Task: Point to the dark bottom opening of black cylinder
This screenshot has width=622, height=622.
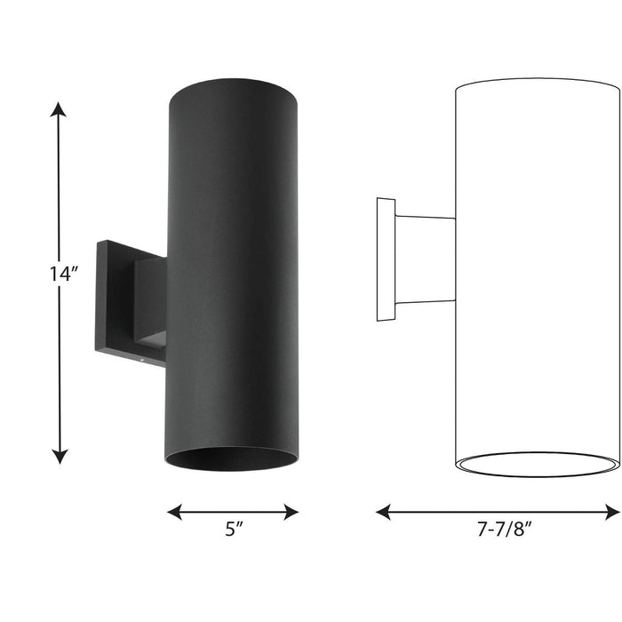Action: tap(232, 459)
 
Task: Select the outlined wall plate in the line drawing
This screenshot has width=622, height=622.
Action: tap(386, 260)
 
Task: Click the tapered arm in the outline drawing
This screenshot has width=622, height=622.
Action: tap(425, 259)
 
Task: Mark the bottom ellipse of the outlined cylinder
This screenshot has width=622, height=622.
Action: tap(538, 464)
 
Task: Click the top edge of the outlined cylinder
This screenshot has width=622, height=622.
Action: tap(538, 81)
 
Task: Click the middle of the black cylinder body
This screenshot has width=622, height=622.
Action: tap(234, 267)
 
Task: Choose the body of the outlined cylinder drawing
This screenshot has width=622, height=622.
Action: tap(538, 267)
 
